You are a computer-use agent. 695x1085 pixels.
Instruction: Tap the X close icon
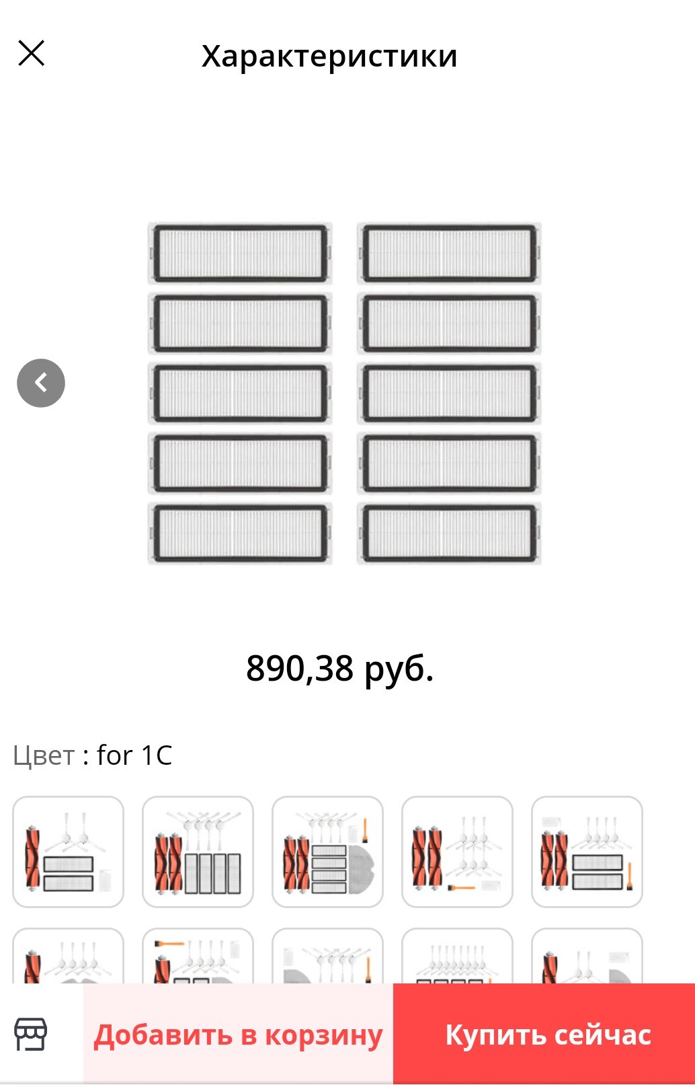tap(32, 52)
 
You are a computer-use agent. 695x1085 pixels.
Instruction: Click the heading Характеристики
tap(329, 57)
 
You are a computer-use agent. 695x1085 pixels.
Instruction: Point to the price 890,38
tap(300, 669)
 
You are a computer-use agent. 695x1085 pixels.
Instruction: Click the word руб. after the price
tap(399, 670)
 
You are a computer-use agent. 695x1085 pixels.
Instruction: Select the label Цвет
tap(44, 755)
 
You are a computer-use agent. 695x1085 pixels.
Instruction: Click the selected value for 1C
tap(134, 755)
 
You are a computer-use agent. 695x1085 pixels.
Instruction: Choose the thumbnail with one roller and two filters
tap(69, 852)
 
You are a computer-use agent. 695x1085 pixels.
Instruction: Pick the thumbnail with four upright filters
tap(198, 852)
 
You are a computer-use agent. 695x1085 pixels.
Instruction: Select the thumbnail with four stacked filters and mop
tap(327, 852)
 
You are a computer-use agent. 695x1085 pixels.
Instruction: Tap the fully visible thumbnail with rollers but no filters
tap(457, 852)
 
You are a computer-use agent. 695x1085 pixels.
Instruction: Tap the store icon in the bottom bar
tap(31, 1034)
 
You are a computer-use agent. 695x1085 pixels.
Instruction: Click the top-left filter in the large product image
tap(240, 254)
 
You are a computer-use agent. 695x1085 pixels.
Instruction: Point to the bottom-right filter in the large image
tap(449, 533)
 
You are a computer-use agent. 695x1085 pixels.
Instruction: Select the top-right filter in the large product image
tap(449, 254)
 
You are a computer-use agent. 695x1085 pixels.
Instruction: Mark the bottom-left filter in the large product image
tap(240, 533)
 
